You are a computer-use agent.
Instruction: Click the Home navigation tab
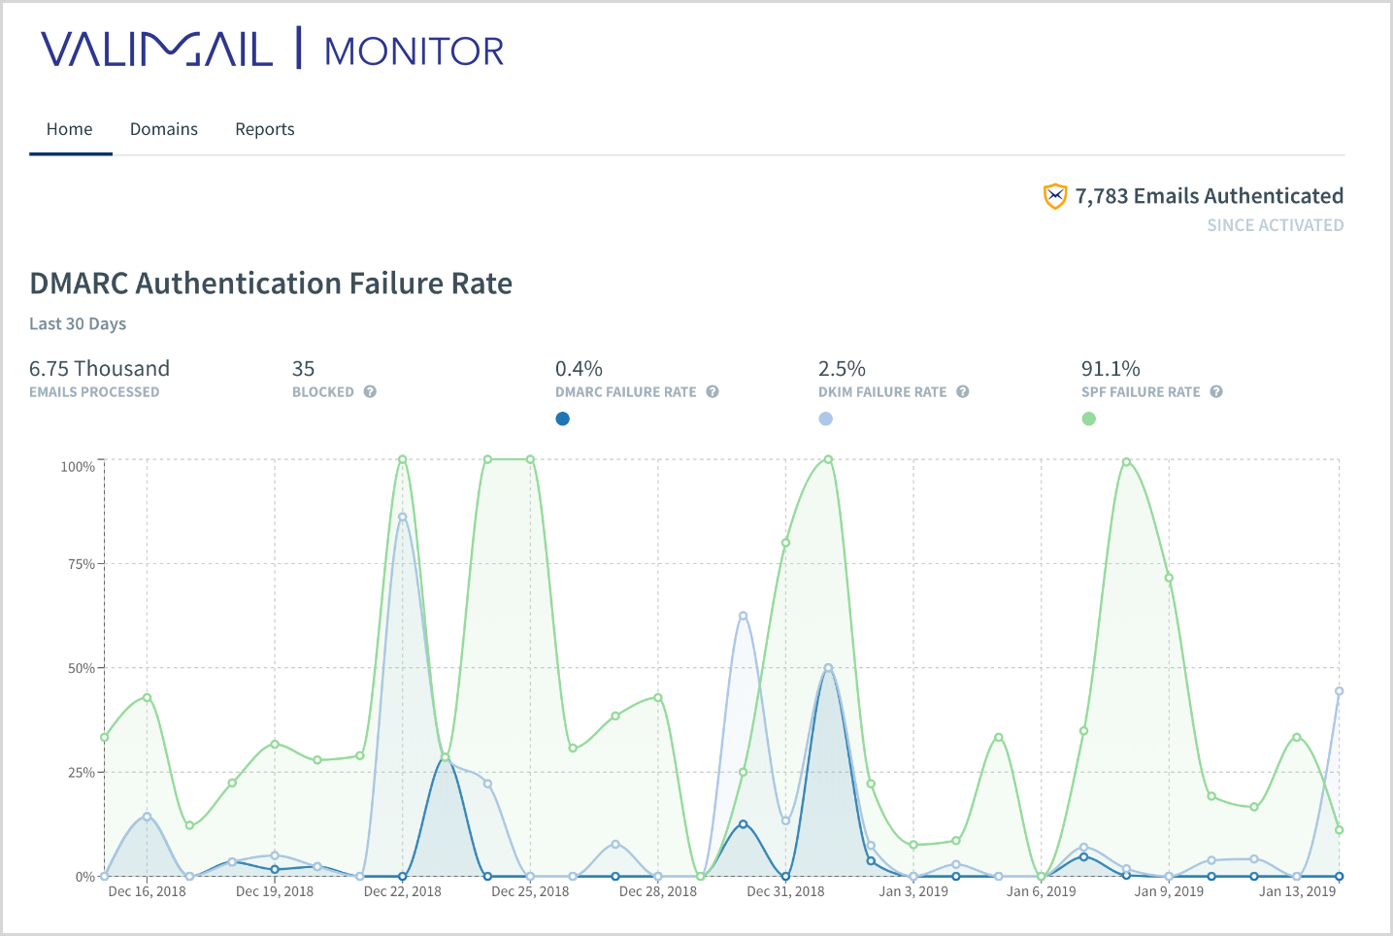click(70, 129)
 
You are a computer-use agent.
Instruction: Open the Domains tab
click(164, 129)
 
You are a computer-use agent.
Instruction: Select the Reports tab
click(265, 129)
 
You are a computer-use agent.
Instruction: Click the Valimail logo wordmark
click(157, 50)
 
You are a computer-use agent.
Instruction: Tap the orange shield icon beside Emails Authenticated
click(1054, 196)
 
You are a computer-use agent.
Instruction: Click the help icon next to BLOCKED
click(370, 392)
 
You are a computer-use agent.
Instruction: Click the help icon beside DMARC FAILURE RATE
click(713, 392)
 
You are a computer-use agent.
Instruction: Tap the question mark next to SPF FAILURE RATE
click(1216, 392)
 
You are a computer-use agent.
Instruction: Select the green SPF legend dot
click(1089, 418)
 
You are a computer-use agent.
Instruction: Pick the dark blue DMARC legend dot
click(562, 418)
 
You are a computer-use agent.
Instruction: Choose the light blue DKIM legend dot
click(825, 418)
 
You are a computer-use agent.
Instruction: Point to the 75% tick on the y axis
click(81, 564)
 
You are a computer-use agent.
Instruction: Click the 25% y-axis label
click(81, 773)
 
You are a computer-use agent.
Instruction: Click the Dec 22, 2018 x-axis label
click(402, 891)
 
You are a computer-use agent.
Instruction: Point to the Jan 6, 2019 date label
click(1041, 891)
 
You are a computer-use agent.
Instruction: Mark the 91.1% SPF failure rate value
click(1111, 369)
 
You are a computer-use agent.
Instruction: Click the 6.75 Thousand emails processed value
click(99, 369)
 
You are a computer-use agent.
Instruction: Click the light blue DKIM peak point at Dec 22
click(403, 517)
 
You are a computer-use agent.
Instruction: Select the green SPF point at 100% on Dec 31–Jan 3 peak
click(828, 459)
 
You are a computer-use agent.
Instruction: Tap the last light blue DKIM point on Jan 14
click(1339, 691)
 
